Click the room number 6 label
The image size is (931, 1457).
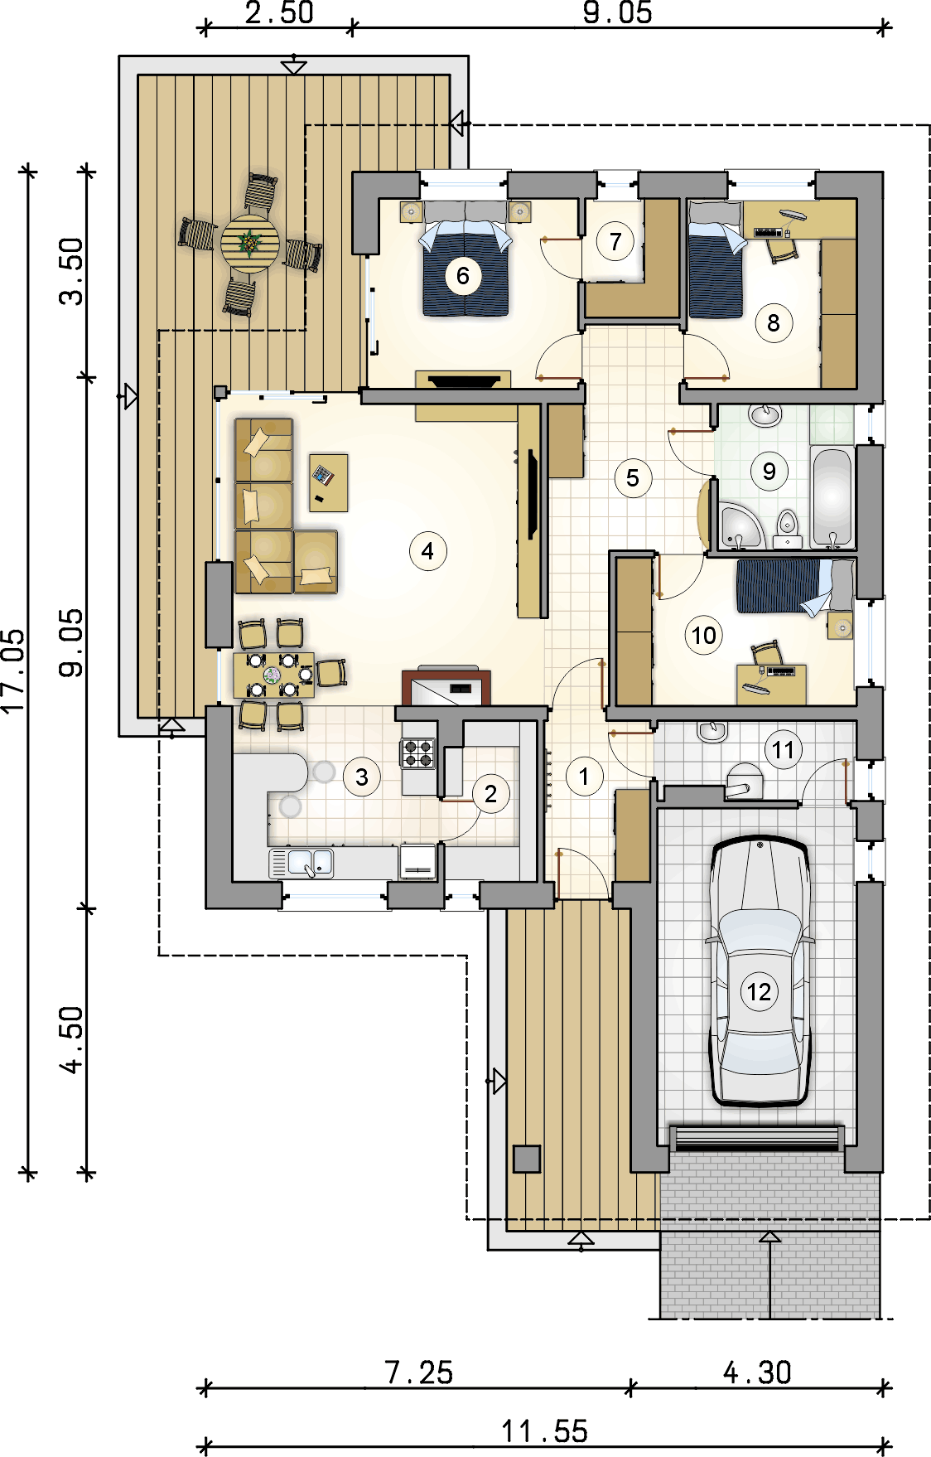[463, 276]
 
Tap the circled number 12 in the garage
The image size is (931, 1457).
[759, 992]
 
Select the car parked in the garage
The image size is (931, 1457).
[760, 971]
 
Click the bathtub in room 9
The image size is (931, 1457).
[832, 498]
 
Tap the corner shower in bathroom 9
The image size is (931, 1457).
[739, 525]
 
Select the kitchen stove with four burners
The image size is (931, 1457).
[418, 753]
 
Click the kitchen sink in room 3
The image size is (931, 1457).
[301, 863]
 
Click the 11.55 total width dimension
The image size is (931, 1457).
[544, 1431]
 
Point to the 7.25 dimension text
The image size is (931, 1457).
[419, 1373]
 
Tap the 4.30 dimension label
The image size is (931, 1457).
[757, 1372]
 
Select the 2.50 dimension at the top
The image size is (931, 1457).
[279, 12]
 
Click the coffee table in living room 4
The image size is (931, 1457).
[329, 482]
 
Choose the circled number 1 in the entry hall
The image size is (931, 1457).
[584, 777]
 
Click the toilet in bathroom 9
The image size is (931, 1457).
[787, 528]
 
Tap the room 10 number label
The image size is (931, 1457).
[703, 636]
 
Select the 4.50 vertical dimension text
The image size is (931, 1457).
[73, 1040]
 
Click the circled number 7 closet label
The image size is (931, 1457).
[615, 242]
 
